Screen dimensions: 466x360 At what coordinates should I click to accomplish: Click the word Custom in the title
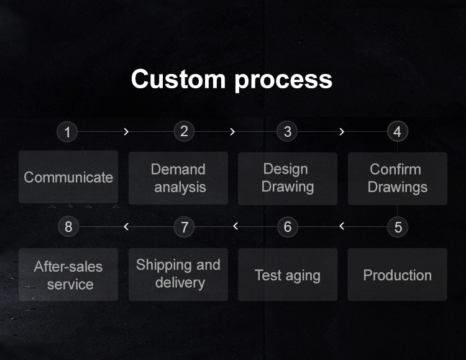click(178, 79)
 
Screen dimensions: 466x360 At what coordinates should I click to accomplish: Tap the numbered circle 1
click(67, 132)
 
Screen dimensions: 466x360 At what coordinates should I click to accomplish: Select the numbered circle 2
click(184, 131)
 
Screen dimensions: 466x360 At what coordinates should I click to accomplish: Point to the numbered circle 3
click(287, 131)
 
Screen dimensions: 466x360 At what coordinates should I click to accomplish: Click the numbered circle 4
click(398, 131)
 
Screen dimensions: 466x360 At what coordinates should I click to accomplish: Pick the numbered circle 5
click(398, 227)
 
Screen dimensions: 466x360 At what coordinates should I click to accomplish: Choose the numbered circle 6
click(288, 227)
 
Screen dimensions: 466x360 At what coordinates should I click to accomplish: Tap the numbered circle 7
click(185, 227)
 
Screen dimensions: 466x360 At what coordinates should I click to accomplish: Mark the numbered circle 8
click(68, 227)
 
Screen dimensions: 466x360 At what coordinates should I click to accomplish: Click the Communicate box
click(68, 177)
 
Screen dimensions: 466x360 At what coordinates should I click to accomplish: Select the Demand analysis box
click(178, 178)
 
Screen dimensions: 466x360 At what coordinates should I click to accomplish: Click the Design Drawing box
click(288, 178)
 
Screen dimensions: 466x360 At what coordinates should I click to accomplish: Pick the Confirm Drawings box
click(398, 178)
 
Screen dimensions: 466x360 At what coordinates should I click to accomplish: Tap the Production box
click(398, 274)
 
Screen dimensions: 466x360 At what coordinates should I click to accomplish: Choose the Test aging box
click(288, 274)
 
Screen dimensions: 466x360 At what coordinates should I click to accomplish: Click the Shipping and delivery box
click(178, 274)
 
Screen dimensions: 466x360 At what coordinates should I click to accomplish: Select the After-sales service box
click(68, 274)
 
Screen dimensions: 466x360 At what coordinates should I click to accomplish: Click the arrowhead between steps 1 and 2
click(126, 132)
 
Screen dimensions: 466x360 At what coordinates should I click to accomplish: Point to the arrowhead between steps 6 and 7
click(235, 226)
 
